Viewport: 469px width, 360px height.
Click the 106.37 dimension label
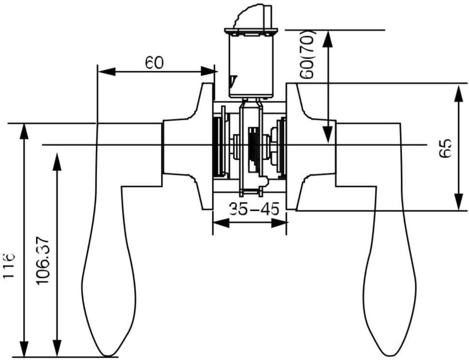tap(44, 261)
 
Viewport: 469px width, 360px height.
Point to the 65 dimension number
tap(445, 148)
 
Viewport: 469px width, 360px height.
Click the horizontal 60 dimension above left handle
tap(154, 63)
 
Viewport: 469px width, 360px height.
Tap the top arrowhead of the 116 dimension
tap(23, 132)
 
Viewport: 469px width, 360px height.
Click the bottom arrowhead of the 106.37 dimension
tap(57, 348)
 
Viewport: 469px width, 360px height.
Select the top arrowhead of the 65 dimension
tap(458, 93)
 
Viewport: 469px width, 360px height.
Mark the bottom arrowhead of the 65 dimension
tap(458, 202)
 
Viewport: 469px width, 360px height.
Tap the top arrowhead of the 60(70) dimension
tap(328, 39)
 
